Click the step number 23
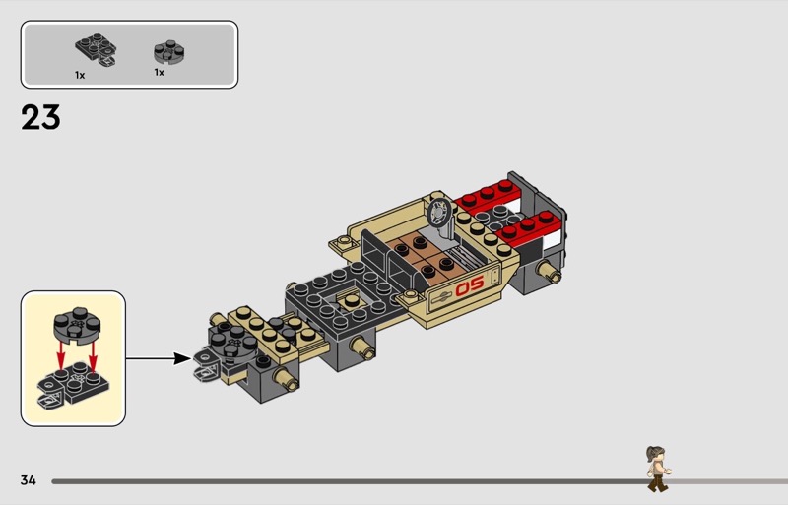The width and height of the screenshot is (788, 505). point(40,117)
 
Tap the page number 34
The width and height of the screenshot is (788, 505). point(29,480)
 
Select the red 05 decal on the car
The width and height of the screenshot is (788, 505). point(470,286)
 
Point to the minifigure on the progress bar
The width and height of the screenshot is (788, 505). point(658,469)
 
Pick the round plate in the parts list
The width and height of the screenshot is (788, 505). point(168,52)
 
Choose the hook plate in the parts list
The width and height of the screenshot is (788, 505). point(97,50)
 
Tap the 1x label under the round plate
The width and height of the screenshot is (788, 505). point(160,73)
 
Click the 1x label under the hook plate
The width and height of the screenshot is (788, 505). point(80,76)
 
